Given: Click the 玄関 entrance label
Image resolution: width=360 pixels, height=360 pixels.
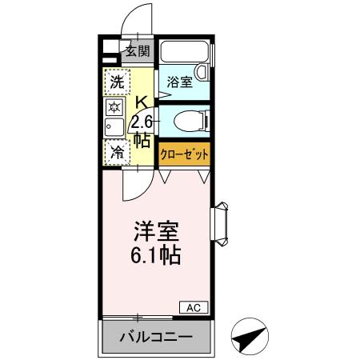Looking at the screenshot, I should [x=137, y=53].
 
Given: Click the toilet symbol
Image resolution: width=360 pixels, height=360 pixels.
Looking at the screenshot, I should [x=192, y=122].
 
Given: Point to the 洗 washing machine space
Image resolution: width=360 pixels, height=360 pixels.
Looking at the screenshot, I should [x=116, y=82].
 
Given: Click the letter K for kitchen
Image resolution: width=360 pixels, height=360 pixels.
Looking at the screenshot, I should [x=141, y=102].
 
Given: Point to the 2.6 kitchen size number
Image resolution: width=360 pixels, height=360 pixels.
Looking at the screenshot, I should [x=142, y=121].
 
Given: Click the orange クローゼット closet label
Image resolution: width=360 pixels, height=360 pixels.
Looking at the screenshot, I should [x=185, y=154].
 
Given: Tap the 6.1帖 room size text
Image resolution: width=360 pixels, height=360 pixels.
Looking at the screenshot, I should [x=157, y=256].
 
